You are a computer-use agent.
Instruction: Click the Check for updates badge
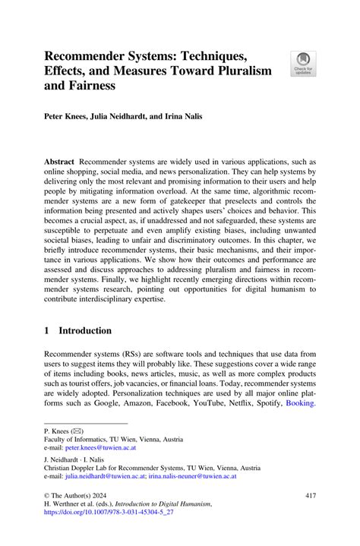(x=302, y=63)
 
